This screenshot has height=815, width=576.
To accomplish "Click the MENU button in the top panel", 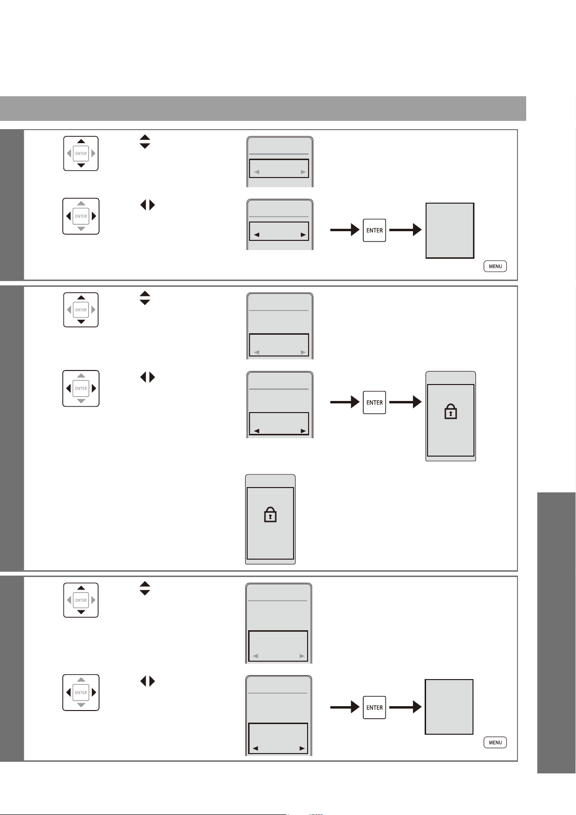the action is point(495,267).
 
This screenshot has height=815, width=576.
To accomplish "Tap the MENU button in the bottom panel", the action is point(495,742).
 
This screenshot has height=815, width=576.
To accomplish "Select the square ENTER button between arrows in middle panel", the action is point(374,402).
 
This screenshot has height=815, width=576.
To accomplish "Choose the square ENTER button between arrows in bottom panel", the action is point(374,707).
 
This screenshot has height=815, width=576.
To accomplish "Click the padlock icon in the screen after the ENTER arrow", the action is point(450,412).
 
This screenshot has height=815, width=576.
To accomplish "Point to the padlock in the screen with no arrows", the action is point(270,515).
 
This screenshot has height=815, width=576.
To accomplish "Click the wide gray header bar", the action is point(263,108).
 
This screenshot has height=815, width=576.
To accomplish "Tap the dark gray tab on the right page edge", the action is point(556,633).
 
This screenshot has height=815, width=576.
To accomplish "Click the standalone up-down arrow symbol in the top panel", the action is point(145,142).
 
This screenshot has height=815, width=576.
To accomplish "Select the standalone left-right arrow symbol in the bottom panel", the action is point(148,681).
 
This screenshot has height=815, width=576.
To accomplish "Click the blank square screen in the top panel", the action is point(450,231).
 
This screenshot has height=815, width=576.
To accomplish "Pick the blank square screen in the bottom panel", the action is point(449,707).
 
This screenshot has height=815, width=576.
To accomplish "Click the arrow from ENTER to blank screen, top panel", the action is point(405,230).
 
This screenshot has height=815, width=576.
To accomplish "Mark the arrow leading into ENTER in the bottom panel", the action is point(345,707).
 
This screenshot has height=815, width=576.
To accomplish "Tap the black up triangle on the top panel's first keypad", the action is point(81,141).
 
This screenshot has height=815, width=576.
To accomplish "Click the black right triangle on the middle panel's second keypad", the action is point(94,388).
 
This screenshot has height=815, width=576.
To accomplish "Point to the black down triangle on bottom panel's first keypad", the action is point(81,612).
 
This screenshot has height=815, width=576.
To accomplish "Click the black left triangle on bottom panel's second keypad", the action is point(68,692).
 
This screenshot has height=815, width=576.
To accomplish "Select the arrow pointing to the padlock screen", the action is point(405,402).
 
